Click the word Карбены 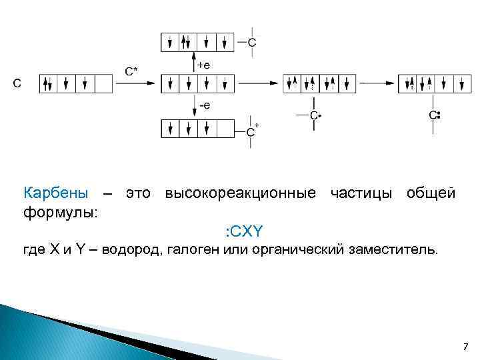tap(55, 193)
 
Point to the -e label tap(205, 105)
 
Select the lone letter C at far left tap(17, 83)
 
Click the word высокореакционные tap(240, 193)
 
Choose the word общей tap(431, 193)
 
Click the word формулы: tap(60, 213)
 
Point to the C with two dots tap(434, 115)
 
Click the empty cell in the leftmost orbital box tap(103, 83)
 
